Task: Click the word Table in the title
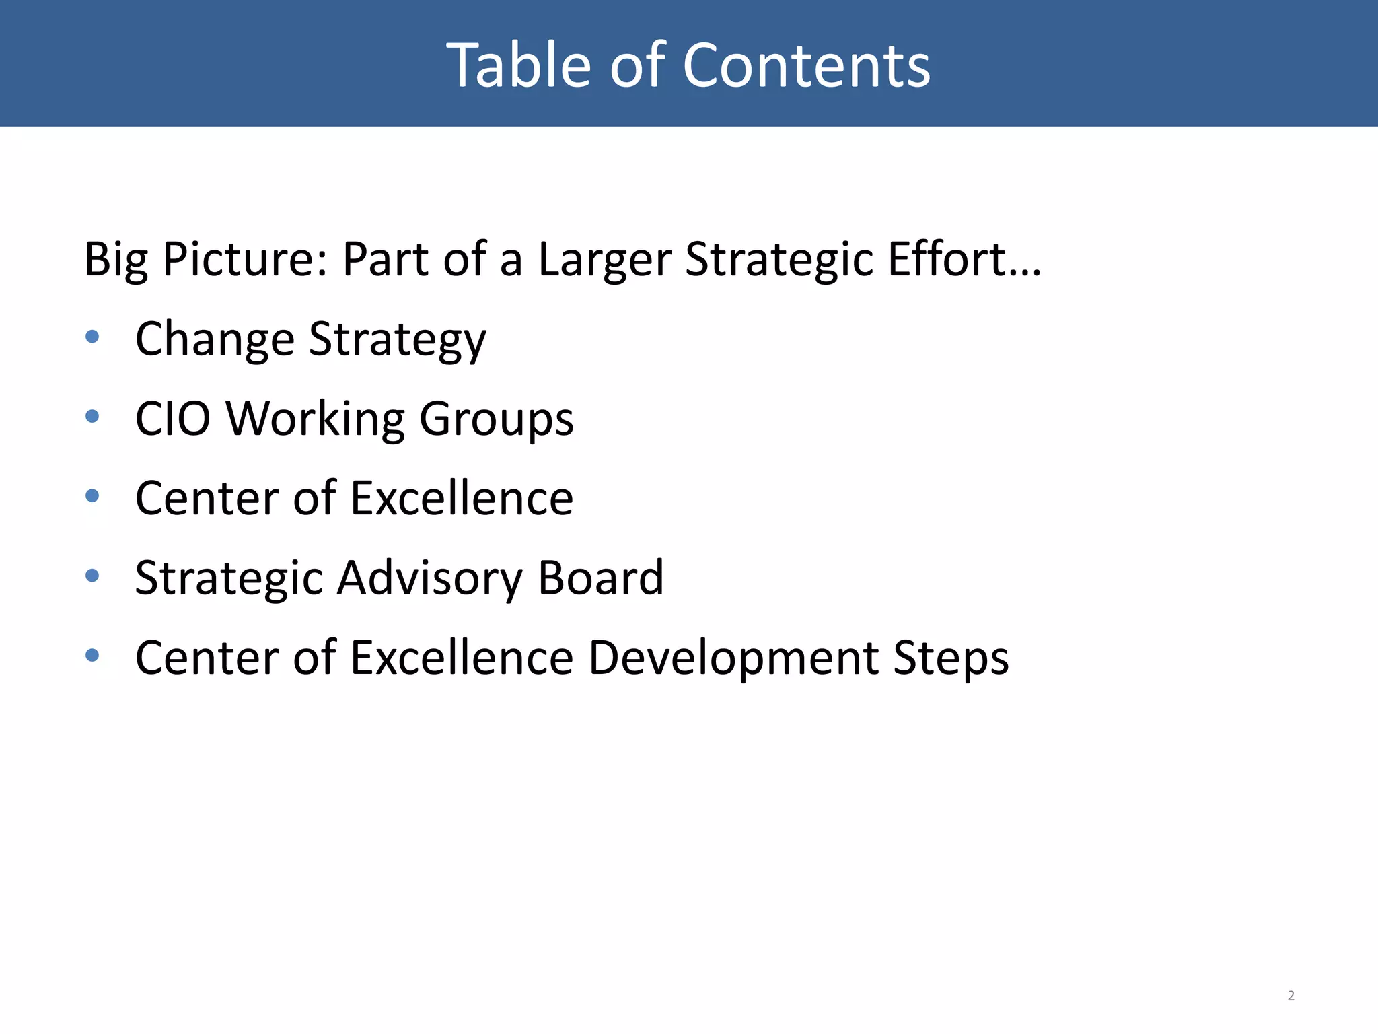(x=518, y=65)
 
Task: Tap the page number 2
(x=1291, y=996)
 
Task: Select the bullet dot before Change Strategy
(x=93, y=337)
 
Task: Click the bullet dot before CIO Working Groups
(x=93, y=417)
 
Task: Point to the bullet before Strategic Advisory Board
(x=93, y=576)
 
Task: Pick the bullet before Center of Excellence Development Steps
(x=93, y=655)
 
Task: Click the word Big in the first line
(x=116, y=260)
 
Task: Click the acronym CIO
(x=172, y=419)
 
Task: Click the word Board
(x=601, y=578)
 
